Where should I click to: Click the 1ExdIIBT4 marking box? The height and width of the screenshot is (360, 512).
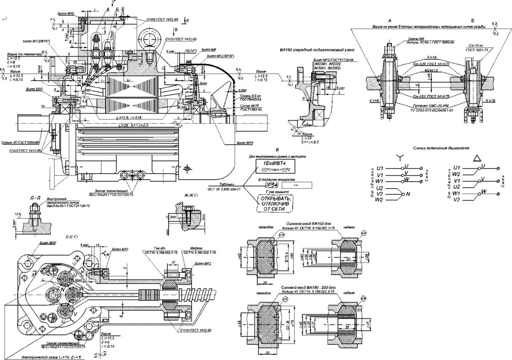click(x=275, y=163)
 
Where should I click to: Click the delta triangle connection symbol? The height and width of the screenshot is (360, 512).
click(x=476, y=158)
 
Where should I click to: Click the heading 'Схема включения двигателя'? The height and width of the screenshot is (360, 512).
click(x=441, y=148)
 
